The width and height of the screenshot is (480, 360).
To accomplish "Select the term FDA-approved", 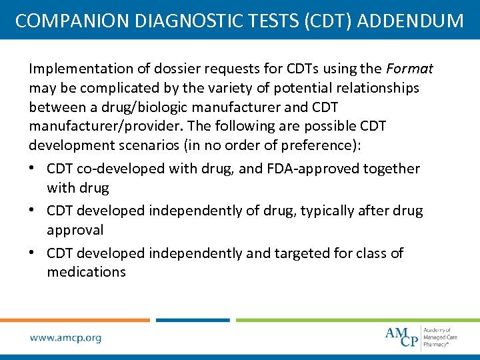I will (313, 169).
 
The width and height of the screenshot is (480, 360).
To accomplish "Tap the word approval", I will (75, 230).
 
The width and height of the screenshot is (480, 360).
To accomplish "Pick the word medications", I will (86, 272).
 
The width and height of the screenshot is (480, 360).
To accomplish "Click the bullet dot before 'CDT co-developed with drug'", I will (33, 169).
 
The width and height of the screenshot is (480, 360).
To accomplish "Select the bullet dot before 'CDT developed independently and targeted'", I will (33, 253).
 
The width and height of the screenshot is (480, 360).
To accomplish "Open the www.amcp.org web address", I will (66, 338).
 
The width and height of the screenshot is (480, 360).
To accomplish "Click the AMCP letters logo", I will (402, 336).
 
